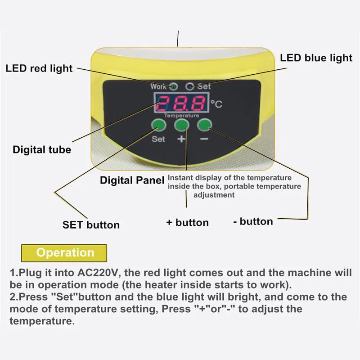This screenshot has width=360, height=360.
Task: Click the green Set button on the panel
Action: pos(158,126)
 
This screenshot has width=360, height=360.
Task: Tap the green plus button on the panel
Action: pos(181,126)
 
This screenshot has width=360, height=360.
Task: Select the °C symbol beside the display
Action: pos(216,104)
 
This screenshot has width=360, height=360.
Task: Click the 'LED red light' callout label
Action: pos(39,68)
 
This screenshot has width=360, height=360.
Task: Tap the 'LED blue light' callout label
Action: pos(316,58)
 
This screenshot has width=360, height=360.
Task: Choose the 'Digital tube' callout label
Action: pos(42,150)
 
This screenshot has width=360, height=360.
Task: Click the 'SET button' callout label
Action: pos(91,225)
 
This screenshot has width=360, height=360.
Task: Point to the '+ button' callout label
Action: pos(187,223)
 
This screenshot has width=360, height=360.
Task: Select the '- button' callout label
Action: pos(253,221)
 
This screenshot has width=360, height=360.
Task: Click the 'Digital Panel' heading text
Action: pos(132,181)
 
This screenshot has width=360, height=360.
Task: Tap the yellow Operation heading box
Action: pos(64,252)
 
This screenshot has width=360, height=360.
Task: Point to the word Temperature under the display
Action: pos(181,116)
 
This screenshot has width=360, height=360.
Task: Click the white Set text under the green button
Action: pos(158,139)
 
